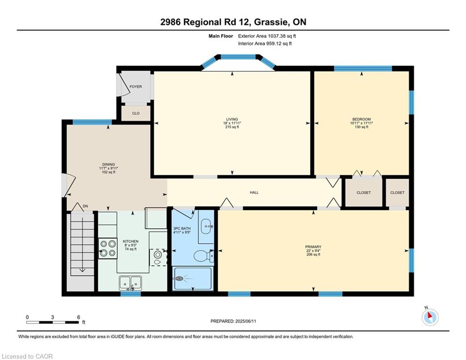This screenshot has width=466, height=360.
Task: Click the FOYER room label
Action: coord(135,87)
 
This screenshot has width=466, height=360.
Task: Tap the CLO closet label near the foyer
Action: coord(136,113)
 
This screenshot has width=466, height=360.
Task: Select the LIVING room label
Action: coord(232,120)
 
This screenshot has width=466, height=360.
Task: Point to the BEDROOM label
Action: coord(362,120)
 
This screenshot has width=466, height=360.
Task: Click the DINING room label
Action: coord(109,165)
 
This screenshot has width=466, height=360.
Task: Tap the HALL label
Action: coord(254,193)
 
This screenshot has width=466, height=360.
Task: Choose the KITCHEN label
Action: coord(131,241)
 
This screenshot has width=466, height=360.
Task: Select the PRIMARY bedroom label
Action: coord(313,247)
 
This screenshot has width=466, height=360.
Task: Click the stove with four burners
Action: coord(108,248)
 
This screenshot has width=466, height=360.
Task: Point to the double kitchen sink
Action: coord(131,283)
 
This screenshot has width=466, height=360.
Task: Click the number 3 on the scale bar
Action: coord(52,317)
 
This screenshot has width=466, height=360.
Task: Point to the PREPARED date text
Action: coord(233,321)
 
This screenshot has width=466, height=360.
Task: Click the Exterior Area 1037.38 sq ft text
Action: coord(267,36)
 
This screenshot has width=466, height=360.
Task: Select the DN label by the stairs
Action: coord(85,206)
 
